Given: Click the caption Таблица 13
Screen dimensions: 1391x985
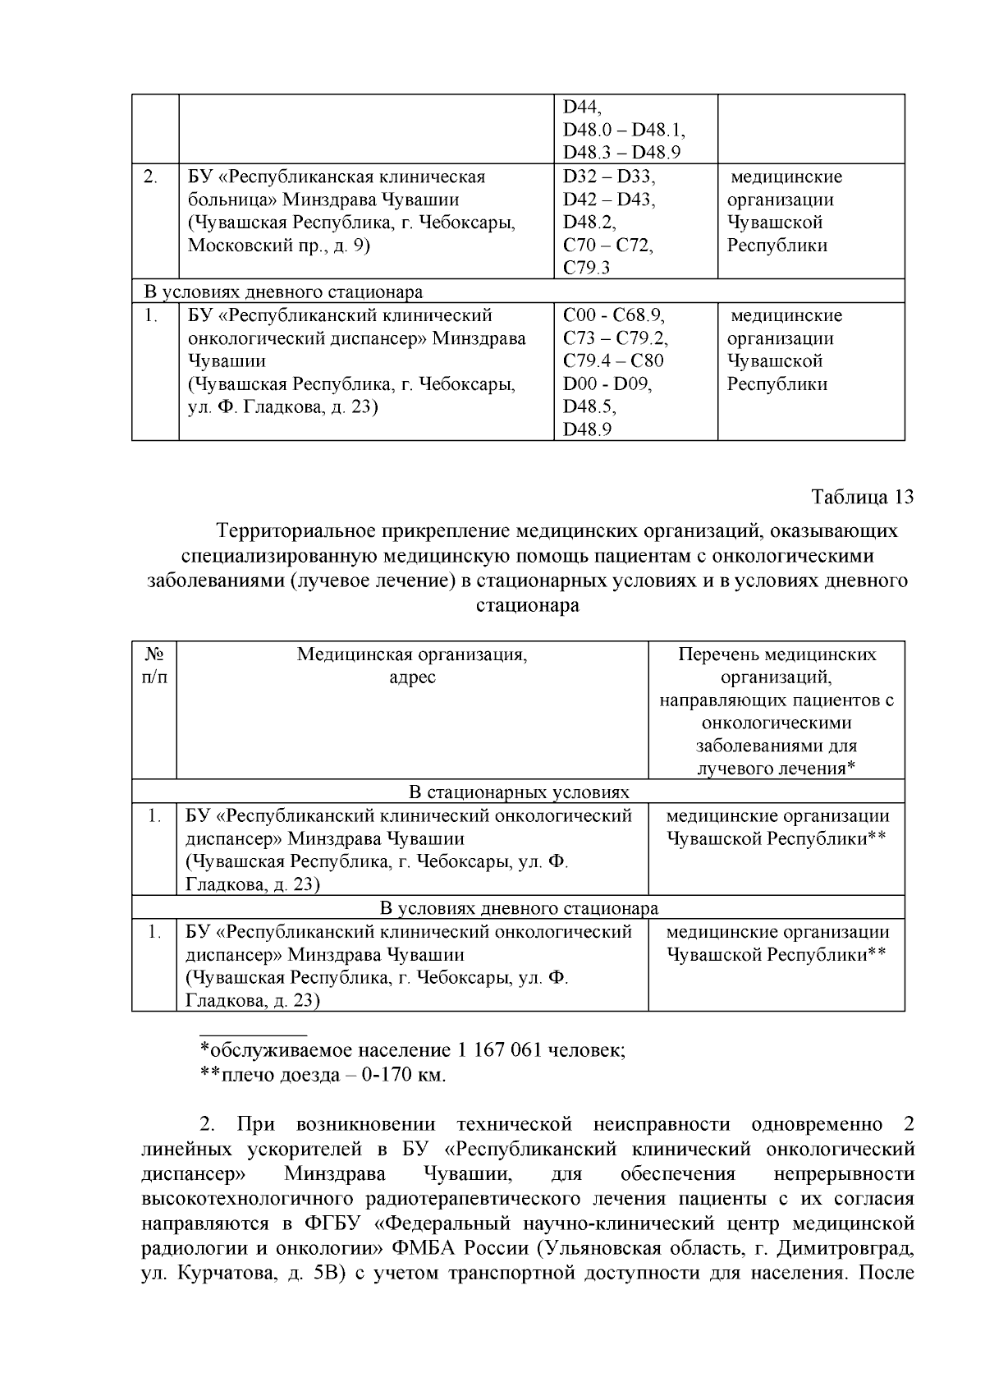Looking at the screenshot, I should click(x=862, y=498).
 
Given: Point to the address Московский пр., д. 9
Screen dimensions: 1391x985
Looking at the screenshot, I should click(x=279, y=245).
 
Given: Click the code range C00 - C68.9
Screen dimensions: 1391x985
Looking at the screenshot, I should click(x=613, y=315).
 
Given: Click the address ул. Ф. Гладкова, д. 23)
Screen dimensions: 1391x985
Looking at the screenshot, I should click(x=282, y=406).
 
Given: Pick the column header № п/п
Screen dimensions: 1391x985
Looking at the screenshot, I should click(x=154, y=666).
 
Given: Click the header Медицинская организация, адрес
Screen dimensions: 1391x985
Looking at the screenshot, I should click(x=412, y=666).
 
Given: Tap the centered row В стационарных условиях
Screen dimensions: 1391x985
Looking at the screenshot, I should click(x=519, y=792).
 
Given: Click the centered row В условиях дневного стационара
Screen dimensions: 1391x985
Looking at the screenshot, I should click(x=519, y=908).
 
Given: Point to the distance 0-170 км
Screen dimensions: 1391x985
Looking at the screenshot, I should click(x=409, y=1075).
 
